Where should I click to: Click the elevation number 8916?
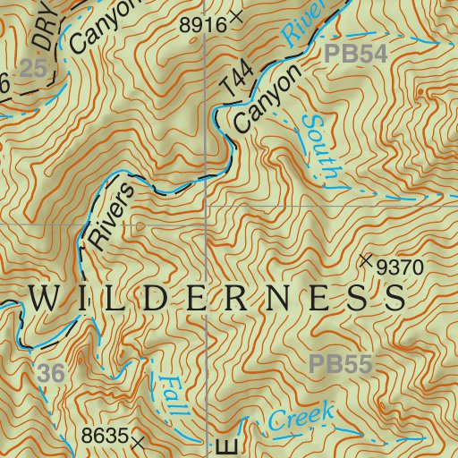click(x=203, y=25)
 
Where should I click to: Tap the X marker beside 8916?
click(x=236, y=15)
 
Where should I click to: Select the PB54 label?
click(x=355, y=54)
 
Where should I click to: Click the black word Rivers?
click(x=112, y=215)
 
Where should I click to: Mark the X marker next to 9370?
click(x=365, y=260)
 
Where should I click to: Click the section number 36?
click(x=52, y=374)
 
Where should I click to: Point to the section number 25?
click(x=33, y=69)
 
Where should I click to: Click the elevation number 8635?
click(x=106, y=438)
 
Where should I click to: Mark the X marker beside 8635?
click(x=138, y=441)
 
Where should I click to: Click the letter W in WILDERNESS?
click(x=45, y=299)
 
